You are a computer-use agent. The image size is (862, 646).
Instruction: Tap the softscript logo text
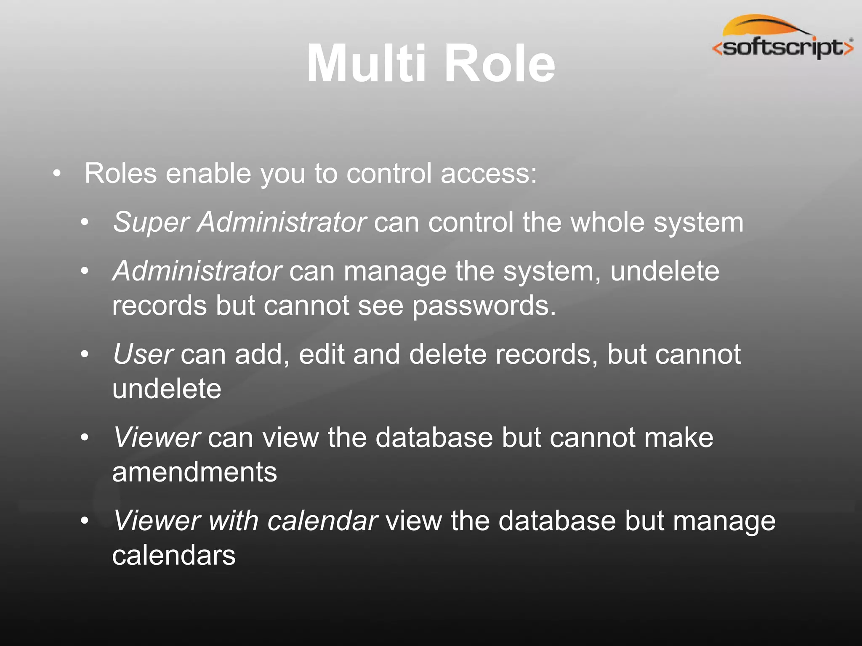click(x=783, y=48)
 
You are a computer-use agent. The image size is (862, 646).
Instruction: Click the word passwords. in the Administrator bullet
click(x=484, y=306)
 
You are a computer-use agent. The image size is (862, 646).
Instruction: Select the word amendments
click(x=194, y=472)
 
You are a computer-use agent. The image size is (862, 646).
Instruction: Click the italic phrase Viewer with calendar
click(x=246, y=521)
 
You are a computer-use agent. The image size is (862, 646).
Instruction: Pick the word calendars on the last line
click(x=174, y=555)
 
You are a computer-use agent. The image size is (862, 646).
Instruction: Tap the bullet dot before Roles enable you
click(x=57, y=174)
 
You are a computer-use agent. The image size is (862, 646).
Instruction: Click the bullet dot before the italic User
click(x=85, y=355)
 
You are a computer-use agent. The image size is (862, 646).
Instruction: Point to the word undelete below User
click(x=167, y=389)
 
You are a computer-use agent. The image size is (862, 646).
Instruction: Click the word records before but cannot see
click(x=160, y=305)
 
